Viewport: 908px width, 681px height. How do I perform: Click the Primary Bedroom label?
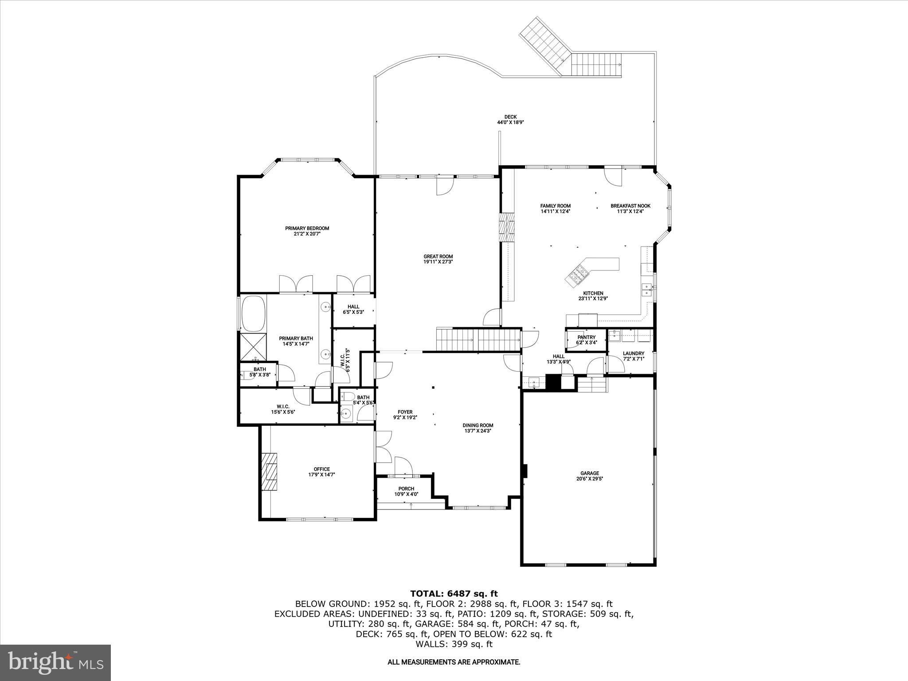(307, 228)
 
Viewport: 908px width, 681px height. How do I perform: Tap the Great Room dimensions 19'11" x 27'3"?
(438, 262)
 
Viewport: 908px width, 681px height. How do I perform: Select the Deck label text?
(510, 117)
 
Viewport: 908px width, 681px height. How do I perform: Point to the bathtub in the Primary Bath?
(253, 313)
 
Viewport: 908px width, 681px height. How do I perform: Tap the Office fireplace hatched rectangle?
(268, 471)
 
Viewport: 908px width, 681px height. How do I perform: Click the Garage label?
(590, 473)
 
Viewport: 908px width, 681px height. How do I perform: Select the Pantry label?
(586, 337)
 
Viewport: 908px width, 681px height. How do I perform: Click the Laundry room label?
(633, 353)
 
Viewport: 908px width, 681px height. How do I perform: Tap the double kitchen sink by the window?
(646, 290)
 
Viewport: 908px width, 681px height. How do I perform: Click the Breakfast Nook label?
(630, 206)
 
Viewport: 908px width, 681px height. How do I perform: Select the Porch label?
(406, 489)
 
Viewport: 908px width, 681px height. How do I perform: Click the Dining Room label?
(478, 425)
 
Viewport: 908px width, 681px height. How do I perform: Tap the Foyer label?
(405, 412)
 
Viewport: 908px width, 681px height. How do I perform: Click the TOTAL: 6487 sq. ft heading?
(454, 594)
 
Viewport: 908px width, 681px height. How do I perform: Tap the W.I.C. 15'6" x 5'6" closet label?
(283, 406)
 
